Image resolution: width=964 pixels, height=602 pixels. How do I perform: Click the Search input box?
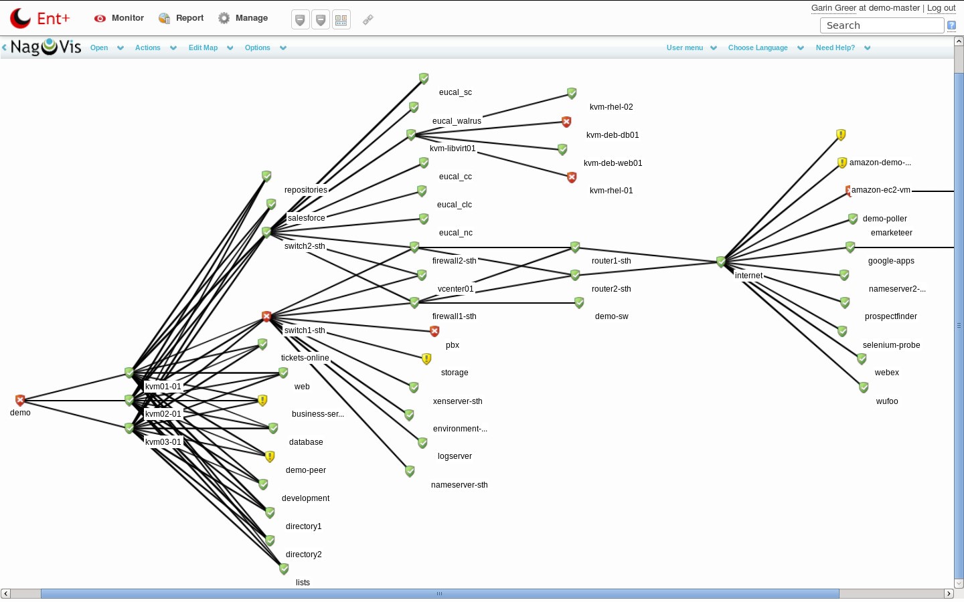pos(882,25)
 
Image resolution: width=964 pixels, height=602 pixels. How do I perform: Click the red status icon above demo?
pos(20,400)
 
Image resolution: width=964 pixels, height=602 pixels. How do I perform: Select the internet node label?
pos(748,276)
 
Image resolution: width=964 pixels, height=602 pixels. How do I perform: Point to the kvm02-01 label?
pos(163,414)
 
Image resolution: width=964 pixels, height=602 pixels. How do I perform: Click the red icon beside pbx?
pos(434,331)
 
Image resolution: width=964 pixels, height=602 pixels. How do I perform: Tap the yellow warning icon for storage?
pos(426,359)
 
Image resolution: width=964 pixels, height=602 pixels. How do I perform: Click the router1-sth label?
pos(611,261)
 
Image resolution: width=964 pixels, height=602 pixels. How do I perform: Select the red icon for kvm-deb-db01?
pos(566,122)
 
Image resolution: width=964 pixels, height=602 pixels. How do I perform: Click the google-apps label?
pos(891,261)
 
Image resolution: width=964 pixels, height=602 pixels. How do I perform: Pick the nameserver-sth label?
pos(459,485)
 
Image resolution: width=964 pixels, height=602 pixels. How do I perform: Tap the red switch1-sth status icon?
pos(266,316)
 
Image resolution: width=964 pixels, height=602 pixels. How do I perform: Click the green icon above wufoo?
pos(864,387)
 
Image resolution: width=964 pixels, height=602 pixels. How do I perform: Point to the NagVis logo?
pos(46,47)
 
